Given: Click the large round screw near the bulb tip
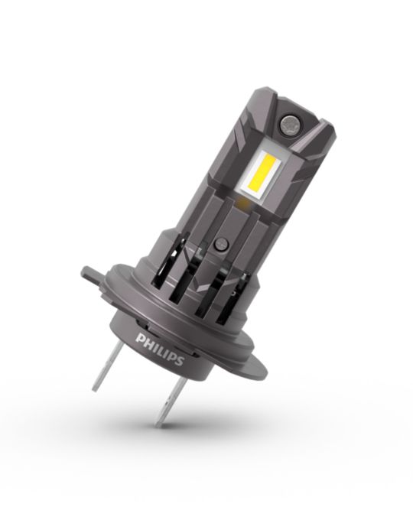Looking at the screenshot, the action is click(288, 123).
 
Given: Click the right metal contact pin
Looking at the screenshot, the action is click(171, 401).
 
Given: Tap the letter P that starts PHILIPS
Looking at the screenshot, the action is click(141, 340).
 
